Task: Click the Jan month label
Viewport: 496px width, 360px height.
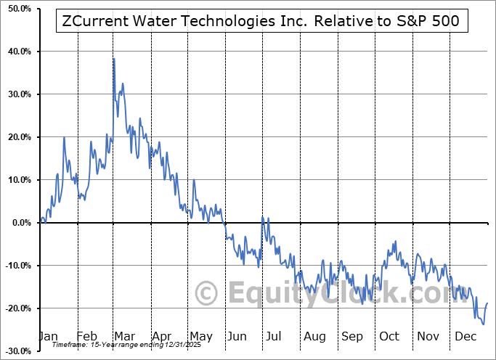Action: [48, 336]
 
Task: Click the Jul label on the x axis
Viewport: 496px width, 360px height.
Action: [273, 336]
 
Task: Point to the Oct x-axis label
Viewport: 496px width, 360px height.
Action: [389, 336]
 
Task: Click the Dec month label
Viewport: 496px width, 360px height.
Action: [465, 336]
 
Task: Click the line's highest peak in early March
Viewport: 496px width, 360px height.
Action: [113, 59]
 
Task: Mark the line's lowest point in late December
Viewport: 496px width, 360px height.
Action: [483, 324]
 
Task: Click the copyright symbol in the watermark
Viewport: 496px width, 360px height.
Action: [208, 294]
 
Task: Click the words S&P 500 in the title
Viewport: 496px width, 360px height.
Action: [431, 21]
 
